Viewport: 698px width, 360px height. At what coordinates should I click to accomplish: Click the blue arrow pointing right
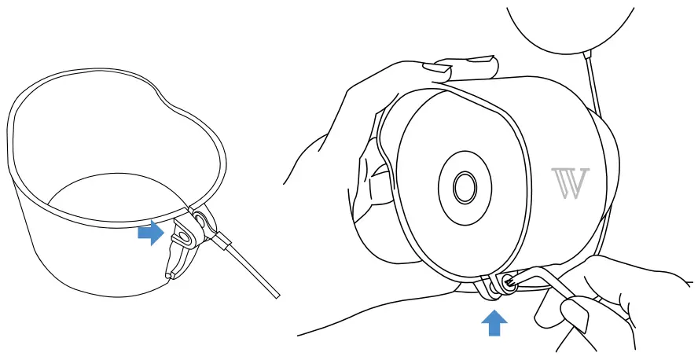click(150, 233)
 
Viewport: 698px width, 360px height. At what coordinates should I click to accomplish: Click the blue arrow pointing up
click(494, 322)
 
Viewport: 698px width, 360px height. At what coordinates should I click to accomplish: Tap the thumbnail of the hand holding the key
click(573, 319)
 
